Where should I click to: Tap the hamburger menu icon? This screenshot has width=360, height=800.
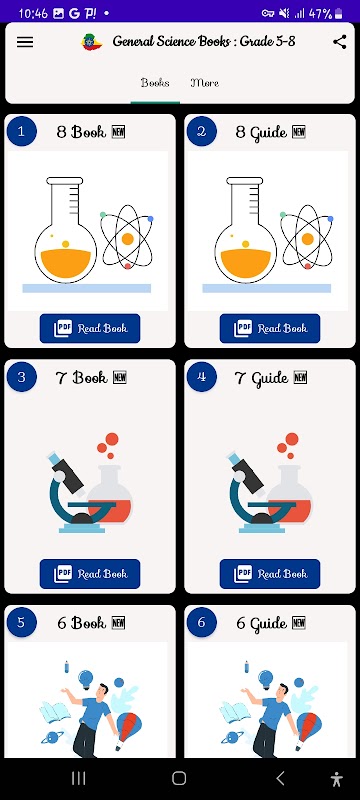pos(25,42)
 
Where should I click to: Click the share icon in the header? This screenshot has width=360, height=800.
pos(340,42)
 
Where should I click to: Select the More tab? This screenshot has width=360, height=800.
pos(204,83)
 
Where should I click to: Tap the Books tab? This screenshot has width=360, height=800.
pos(155,83)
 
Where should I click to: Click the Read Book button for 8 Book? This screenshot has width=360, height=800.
pos(90,328)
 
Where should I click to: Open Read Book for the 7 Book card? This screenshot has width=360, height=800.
pos(90,573)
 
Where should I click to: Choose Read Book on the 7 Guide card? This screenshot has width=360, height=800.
pos(270,573)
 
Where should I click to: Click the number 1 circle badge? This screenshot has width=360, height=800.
pos(21,132)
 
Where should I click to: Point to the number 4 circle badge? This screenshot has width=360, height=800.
pos(201,377)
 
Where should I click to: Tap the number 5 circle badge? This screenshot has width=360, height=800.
pos(21,622)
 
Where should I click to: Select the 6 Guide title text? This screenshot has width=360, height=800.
pos(262,623)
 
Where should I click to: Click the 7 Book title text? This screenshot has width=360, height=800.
pos(82,378)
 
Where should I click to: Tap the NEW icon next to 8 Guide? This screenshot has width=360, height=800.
pos(299,132)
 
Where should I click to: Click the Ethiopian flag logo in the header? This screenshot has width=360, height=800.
pos(92,42)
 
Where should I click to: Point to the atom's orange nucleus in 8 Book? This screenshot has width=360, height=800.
pos(127,239)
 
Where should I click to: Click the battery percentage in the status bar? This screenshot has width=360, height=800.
pos(320,13)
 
